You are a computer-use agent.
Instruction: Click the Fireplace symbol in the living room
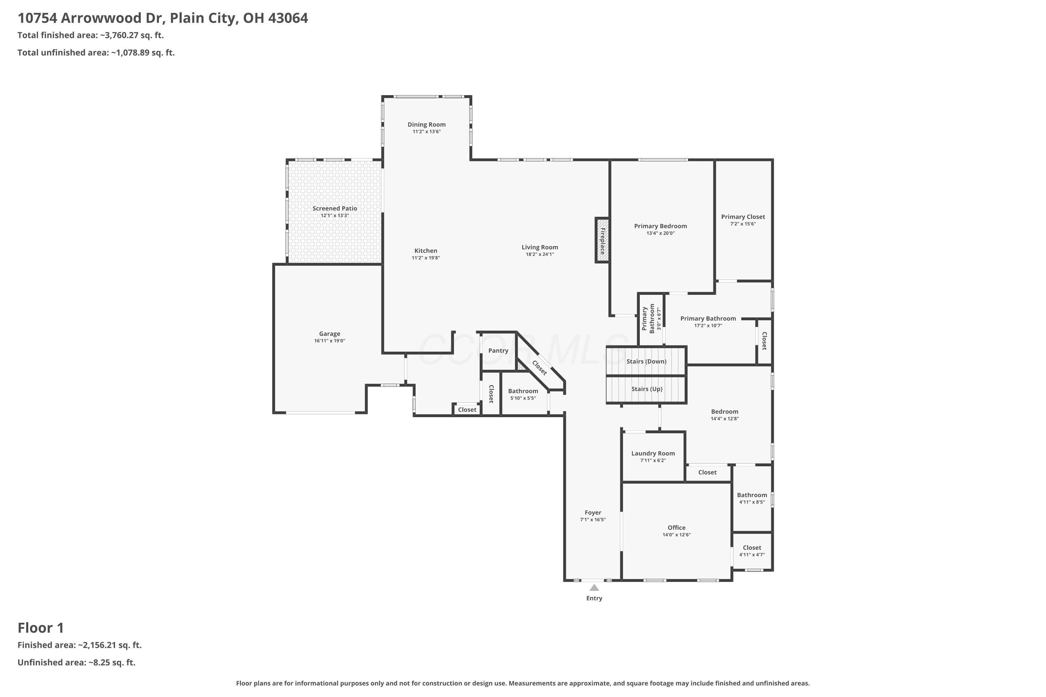point(602,240)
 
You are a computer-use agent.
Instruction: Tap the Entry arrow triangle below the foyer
point(594,588)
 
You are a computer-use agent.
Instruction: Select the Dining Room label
point(426,124)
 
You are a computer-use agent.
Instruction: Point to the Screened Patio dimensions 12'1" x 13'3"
point(334,216)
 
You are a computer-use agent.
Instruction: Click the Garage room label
point(329,334)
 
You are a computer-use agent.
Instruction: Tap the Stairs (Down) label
point(646,361)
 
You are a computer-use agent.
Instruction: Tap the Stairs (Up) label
point(647,389)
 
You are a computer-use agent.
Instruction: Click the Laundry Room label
point(652,453)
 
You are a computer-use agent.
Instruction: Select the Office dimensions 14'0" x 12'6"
point(676,535)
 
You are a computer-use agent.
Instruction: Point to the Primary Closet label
point(743,217)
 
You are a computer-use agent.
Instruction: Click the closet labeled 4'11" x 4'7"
point(752,551)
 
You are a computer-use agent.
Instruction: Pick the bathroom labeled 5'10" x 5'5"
point(523,394)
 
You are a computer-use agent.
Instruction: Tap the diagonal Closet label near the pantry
point(539,368)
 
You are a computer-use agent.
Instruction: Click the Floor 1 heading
point(40,628)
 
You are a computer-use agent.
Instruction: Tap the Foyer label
point(592,513)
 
